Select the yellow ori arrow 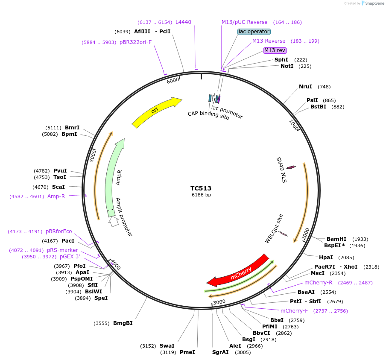click(156, 112)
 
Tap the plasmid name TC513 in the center click(201, 188)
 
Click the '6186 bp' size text click(201, 195)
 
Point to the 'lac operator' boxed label click(254, 32)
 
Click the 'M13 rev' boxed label click(275, 50)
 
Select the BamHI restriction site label click(336, 239)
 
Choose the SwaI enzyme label click(167, 346)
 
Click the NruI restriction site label click(305, 87)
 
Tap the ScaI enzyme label click(58, 187)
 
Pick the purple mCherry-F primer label click(294, 311)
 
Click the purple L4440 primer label click(184, 22)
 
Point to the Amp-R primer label click(56, 196)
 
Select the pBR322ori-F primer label click(135, 42)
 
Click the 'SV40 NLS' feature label click(282, 170)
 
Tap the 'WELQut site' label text click(274, 228)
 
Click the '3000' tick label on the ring click(219, 302)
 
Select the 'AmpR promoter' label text click(124, 217)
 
